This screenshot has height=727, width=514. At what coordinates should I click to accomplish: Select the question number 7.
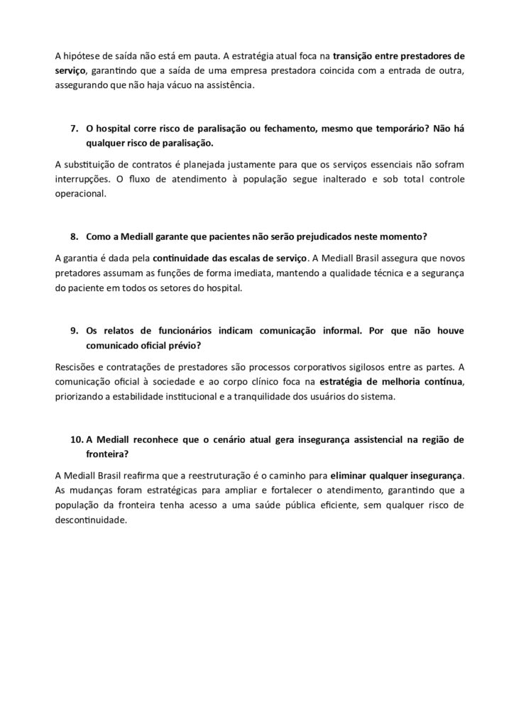point(74,129)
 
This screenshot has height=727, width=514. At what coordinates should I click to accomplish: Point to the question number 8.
point(74,236)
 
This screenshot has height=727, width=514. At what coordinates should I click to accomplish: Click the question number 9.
point(74,330)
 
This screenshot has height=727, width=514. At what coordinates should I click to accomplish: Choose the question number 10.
point(77,439)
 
